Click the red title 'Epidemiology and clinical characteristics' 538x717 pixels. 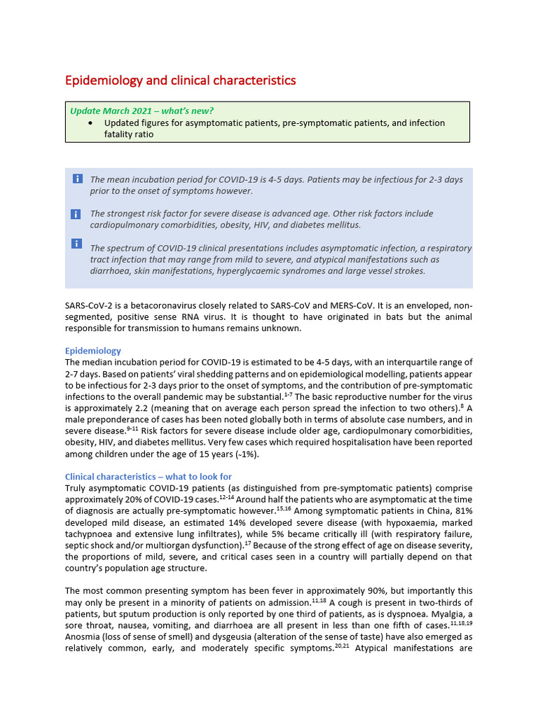180,81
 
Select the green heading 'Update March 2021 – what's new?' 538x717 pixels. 142,111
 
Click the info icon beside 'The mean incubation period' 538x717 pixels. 77,179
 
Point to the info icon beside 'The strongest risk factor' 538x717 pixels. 76,214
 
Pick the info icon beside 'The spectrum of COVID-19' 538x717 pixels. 76,243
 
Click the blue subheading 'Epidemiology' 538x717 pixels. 93,351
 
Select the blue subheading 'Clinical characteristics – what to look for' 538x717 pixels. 149,477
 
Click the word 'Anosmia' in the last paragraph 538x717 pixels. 85,636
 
